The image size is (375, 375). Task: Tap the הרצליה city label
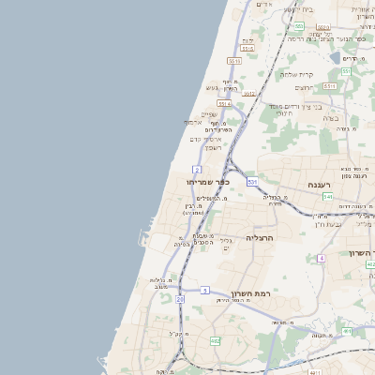(x=265, y=238)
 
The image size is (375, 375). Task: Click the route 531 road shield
(x=252, y=181)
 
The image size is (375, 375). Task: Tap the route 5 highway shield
(x=204, y=291)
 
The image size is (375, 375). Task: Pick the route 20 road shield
(x=179, y=299)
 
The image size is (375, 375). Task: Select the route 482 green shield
(x=215, y=341)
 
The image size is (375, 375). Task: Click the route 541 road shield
(x=327, y=197)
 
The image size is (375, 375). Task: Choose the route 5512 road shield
(x=249, y=94)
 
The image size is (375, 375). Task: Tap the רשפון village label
(x=211, y=148)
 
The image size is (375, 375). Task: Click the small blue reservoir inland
(x=336, y=57)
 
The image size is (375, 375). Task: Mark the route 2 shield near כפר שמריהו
(x=197, y=170)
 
